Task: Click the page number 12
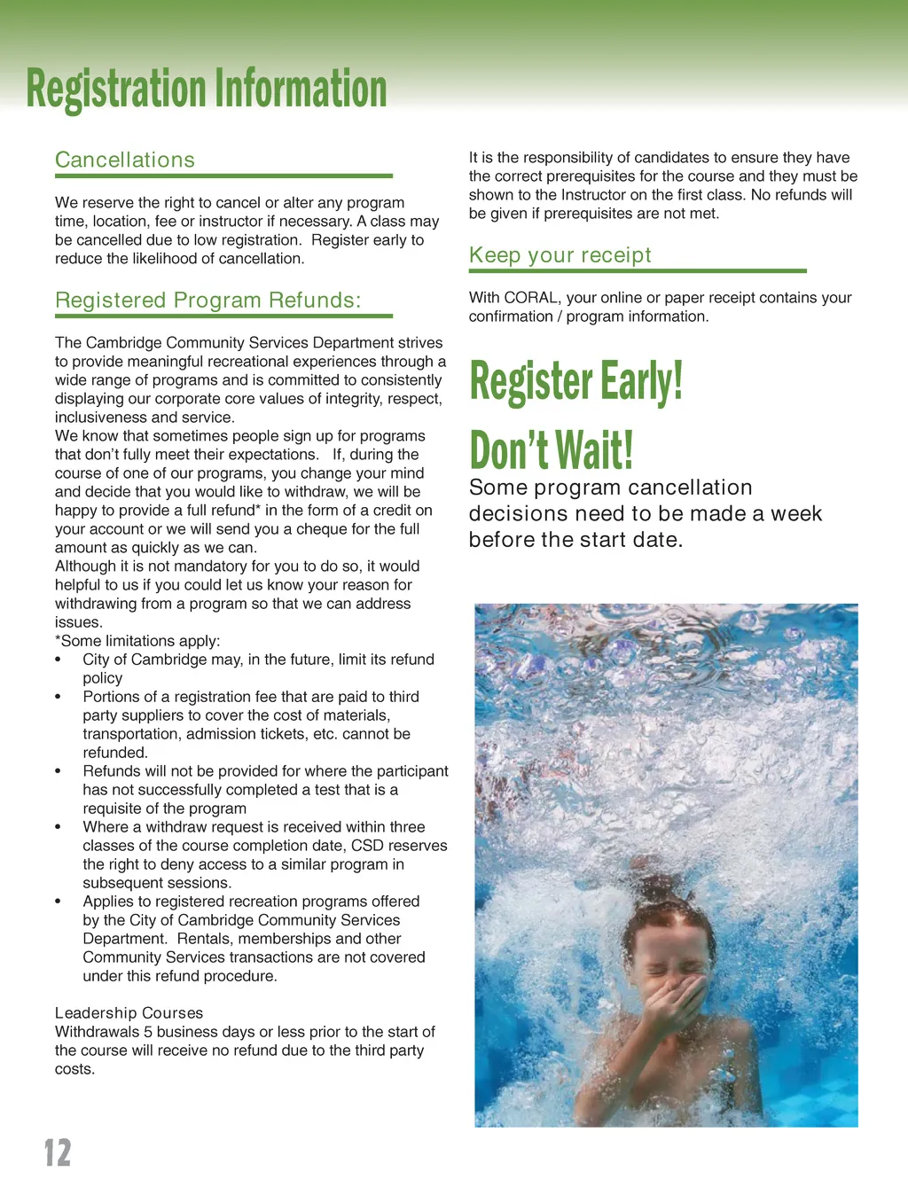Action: point(58,1152)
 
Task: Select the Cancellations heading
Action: point(125,160)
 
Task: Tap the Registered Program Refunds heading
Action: point(207,301)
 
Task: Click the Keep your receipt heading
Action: point(560,255)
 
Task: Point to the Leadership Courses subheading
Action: point(129,1013)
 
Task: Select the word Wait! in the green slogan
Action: point(593,450)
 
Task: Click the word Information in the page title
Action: point(301,90)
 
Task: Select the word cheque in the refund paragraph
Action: point(353,529)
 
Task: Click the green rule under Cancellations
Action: point(223,176)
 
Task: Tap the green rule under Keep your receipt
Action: point(638,271)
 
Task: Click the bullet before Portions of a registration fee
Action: point(59,698)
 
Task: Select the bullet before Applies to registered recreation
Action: point(59,902)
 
